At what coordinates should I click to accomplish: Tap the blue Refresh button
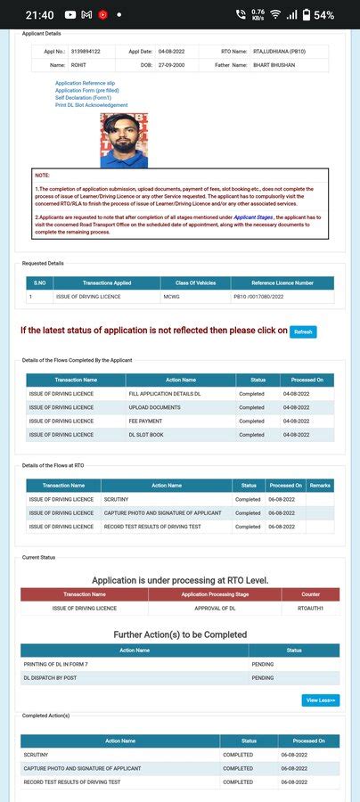[x=303, y=331]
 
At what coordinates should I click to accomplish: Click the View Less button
[x=321, y=700]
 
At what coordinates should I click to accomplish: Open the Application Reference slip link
[x=86, y=83]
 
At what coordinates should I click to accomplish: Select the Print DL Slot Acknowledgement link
[x=91, y=105]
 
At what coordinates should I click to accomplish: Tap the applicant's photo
[x=124, y=140]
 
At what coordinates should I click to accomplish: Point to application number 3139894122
[x=86, y=52]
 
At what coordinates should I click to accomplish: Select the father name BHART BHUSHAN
[x=275, y=65]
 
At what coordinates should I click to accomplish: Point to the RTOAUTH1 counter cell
[x=310, y=608]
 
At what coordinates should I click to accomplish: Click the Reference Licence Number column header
[x=282, y=282]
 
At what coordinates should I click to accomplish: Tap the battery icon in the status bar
[x=306, y=15]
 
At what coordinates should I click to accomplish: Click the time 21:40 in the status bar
[x=40, y=15]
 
